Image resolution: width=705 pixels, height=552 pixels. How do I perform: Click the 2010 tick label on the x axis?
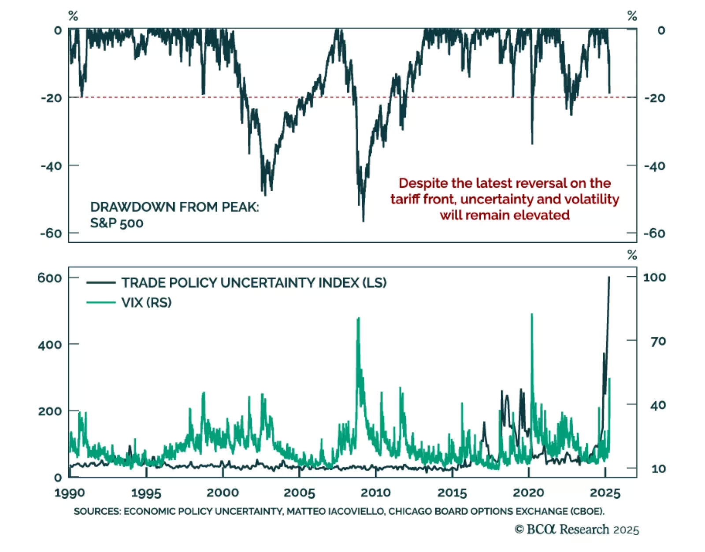point(375,493)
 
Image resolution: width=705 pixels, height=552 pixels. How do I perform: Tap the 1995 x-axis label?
point(146,493)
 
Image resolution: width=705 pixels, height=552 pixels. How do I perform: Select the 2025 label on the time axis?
point(605,493)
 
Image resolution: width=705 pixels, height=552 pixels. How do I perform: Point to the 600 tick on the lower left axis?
point(49,278)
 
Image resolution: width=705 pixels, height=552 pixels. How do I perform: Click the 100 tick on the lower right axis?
point(654,277)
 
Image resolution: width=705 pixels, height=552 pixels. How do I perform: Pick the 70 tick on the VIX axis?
point(658,341)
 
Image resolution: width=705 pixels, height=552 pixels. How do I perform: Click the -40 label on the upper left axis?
point(51,166)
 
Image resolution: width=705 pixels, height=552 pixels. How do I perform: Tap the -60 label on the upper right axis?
point(654,233)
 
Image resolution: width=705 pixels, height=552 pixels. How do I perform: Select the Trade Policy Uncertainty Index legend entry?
point(254,282)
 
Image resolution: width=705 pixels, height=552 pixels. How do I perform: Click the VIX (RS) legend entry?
point(146,302)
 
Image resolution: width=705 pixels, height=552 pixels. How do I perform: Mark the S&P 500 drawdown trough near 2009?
point(363,221)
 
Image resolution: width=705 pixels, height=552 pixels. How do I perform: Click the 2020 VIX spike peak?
point(532,315)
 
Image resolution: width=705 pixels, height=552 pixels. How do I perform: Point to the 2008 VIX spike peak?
point(358,318)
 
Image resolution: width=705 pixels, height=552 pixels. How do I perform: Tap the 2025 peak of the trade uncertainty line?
point(609,278)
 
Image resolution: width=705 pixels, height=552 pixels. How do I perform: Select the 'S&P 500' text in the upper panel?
point(117,223)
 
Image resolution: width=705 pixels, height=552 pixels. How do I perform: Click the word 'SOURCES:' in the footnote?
point(97,511)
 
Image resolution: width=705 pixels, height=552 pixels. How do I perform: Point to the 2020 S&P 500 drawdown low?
point(532,143)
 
